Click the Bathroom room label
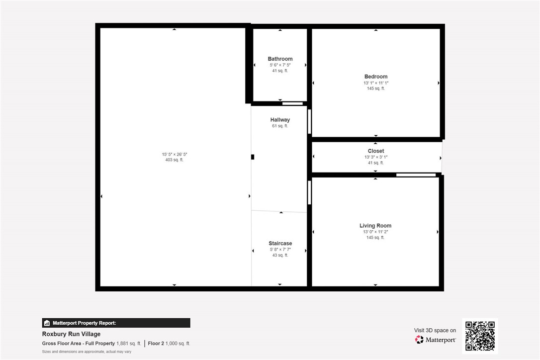(x=280, y=59)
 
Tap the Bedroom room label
(x=375, y=77)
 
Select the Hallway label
(x=280, y=120)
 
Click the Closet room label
(x=375, y=151)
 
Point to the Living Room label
(x=375, y=226)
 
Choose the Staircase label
(x=280, y=244)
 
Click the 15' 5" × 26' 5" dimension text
(x=174, y=154)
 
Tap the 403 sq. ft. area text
(x=174, y=160)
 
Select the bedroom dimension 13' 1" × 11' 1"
(x=375, y=83)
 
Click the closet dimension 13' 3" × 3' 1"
(x=375, y=157)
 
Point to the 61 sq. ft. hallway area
(x=280, y=126)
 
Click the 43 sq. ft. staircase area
(x=280, y=256)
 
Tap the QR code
(x=480, y=336)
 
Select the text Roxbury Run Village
(x=71, y=334)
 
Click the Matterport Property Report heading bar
(x=116, y=323)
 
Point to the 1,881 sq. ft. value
(x=129, y=344)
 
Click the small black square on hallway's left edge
(x=253, y=157)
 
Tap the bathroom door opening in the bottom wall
(x=292, y=103)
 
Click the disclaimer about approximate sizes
(x=87, y=352)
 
